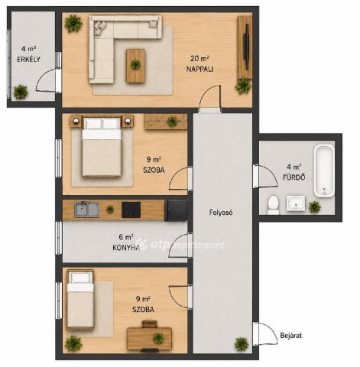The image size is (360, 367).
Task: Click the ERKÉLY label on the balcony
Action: tap(28, 60)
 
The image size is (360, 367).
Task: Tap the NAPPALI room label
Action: tap(199, 69)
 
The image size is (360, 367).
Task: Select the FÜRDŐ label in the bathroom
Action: tap(294, 177)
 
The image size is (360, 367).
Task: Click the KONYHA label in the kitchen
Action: tap(126, 248)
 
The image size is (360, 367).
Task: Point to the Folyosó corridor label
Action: tap(221, 213)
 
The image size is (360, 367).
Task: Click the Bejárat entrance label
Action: tap(291, 336)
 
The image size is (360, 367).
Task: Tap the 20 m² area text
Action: tap(199, 59)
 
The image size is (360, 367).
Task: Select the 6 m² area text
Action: tap(126, 237)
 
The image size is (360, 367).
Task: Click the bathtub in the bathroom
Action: tap(324, 171)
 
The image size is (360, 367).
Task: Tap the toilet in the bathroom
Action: tap(273, 205)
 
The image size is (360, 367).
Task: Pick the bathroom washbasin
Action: tap(296, 203)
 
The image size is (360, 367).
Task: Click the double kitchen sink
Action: tap(87, 209)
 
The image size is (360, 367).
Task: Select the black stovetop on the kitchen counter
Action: tap(131, 209)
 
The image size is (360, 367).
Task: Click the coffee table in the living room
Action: tap(136, 66)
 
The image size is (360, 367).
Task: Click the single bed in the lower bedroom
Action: tap(80, 300)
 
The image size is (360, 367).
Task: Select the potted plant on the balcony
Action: tap(21, 92)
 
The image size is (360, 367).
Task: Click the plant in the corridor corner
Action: tap(242, 344)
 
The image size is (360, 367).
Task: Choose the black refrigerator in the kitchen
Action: tap(177, 210)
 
